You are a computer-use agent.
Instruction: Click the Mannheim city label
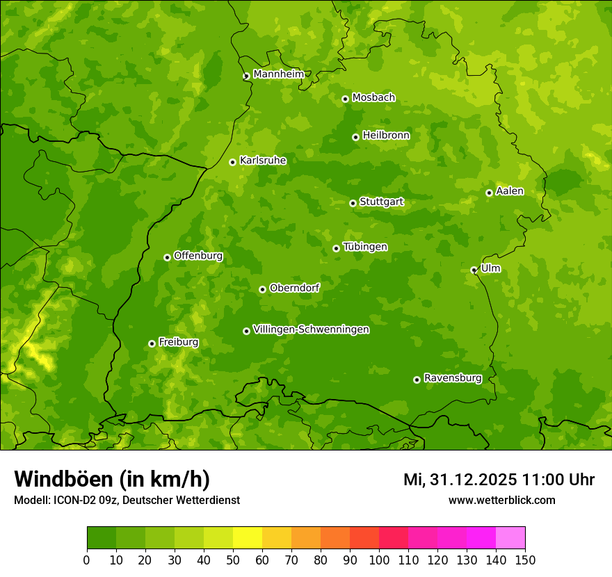click(x=278, y=74)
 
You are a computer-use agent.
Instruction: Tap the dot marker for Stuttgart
click(x=353, y=203)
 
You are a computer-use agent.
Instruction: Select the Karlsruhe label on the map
click(x=262, y=161)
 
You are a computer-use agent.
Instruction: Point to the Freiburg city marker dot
click(x=152, y=343)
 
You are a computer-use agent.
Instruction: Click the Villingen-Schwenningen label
click(x=311, y=330)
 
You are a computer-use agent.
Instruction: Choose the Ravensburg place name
click(x=452, y=378)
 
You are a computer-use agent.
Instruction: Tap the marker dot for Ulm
click(x=474, y=270)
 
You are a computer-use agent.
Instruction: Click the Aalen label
click(x=509, y=191)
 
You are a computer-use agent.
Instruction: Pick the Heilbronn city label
click(x=386, y=136)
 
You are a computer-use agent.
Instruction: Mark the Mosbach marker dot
click(x=345, y=99)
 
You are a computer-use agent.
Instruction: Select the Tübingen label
click(x=364, y=247)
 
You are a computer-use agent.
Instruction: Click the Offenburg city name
click(x=198, y=256)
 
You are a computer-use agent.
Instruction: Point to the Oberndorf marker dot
click(x=262, y=289)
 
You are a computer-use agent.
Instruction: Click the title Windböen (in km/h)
click(x=111, y=479)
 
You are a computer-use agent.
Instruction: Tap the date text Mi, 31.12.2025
click(x=459, y=480)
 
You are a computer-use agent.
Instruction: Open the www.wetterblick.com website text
click(x=501, y=500)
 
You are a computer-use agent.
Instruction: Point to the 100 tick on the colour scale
click(x=379, y=560)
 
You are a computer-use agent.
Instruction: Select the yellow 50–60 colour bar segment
click(x=248, y=537)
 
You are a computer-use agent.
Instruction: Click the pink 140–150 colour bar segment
click(x=510, y=537)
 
